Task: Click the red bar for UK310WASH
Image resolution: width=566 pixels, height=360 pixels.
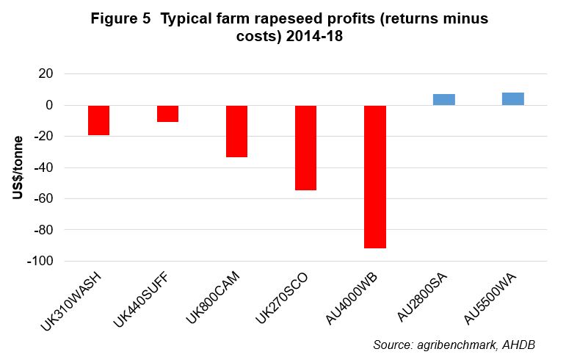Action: [98, 120]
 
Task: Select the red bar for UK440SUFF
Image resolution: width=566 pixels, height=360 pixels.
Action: [167, 113]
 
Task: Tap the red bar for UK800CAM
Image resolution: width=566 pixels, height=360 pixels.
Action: [236, 132]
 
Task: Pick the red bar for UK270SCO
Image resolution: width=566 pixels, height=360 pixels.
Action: [305, 148]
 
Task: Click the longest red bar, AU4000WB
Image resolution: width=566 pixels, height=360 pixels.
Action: [374, 176]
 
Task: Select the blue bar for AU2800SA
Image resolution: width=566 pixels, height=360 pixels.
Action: [443, 100]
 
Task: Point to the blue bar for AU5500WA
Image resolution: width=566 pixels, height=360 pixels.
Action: [512, 99]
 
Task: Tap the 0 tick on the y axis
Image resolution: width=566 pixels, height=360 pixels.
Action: [49, 105]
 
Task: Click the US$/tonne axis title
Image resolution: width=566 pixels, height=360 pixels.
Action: [18, 168]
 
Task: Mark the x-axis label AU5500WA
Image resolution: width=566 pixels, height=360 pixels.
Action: [489, 297]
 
